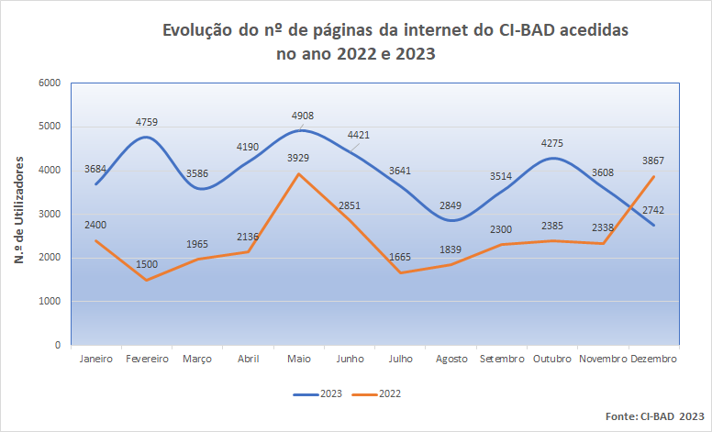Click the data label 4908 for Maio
302,116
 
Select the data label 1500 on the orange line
147,265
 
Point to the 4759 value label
147,121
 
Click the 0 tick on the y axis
56,346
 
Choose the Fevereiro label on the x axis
147,360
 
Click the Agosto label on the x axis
451,360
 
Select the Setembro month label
502,360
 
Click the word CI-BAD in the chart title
531,30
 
